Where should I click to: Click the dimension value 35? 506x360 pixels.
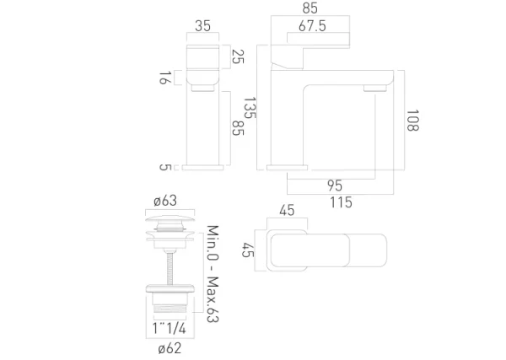(x=202, y=26)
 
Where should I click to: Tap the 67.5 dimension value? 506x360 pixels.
(x=313, y=26)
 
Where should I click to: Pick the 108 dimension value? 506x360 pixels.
(x=412, y=121)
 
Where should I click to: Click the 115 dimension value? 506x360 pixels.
(x=341, y=202)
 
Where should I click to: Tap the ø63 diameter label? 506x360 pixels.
(x=164, y=201)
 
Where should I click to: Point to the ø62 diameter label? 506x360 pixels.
(x=169, y=347)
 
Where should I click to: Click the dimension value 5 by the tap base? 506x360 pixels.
(x=165, y=167)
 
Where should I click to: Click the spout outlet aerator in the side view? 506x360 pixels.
(x=373, y=88)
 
